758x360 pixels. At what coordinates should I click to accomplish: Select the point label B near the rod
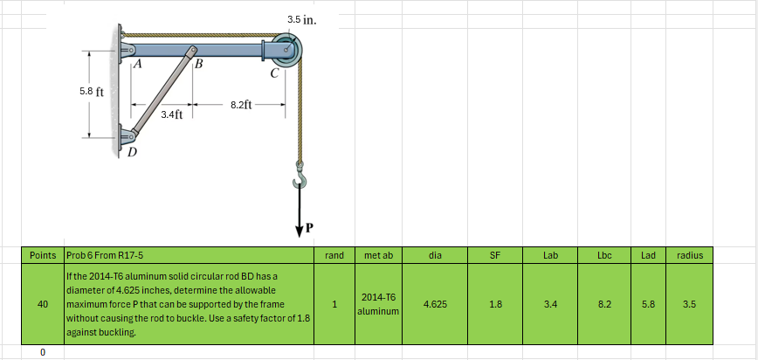pos(198,65)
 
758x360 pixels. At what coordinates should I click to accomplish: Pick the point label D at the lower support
pos(132,154)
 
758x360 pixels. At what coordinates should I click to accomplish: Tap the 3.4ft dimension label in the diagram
pos(172,114)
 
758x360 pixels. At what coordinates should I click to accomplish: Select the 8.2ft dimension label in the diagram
pos(242,105)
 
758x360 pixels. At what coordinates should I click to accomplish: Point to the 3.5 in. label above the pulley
pos(301,18)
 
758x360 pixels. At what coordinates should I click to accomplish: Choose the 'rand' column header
pos(334,255)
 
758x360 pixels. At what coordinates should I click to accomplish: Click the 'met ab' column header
pos(378,255)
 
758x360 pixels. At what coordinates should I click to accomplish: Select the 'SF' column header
pos(494,255)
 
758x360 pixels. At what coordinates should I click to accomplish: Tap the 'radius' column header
pos(689,255)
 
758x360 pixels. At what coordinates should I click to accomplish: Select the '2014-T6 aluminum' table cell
pos(378,304)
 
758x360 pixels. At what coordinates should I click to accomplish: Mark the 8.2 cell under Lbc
pos(604,304)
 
